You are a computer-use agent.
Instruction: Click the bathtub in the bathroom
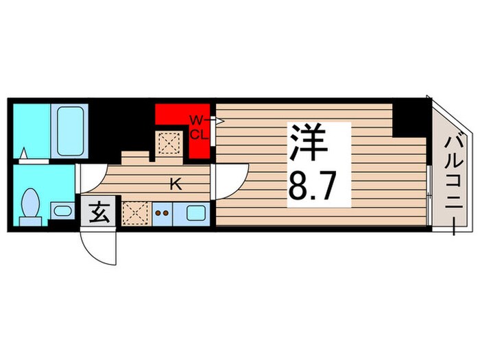[71, 130]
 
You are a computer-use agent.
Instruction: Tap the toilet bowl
[30, 203]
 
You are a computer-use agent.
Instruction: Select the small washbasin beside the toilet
[60, 211]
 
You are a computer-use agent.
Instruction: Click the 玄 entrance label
[99, 213]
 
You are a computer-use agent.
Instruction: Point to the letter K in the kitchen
[175, 183]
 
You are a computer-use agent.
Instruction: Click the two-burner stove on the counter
[163, 213]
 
